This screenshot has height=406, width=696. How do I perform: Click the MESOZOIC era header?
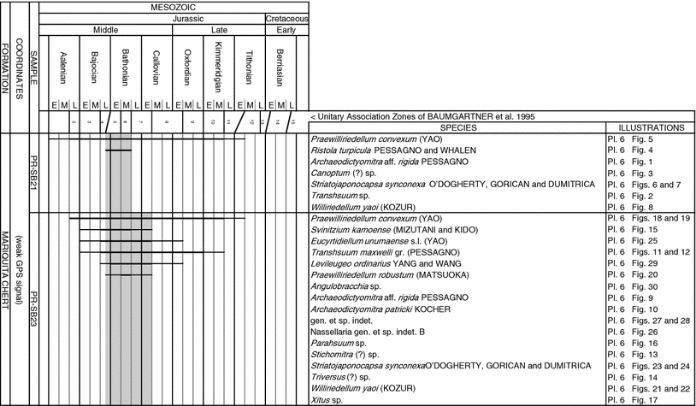[x=180, y=5]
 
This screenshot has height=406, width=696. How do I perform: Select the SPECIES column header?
[x=456, y=127]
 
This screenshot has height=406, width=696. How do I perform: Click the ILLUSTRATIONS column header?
[x=649, y=127]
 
